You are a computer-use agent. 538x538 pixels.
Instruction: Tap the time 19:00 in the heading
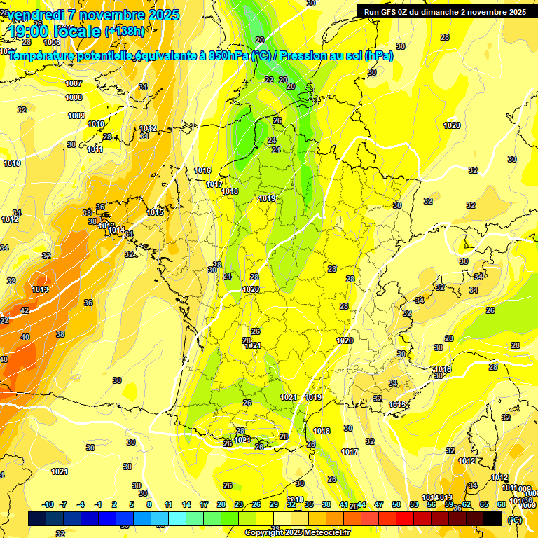pyautogui.click(x=31, y=32)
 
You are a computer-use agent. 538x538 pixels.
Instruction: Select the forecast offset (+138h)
pyautogui.click(x=124, y=32)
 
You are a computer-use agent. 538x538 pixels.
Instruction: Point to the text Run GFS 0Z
pyautogui.click(x=387, y=12)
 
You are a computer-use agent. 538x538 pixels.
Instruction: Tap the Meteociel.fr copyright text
pyautogui.click(x=297, y=533)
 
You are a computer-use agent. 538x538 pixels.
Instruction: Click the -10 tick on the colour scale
pyautogui.click(x=47, y=505)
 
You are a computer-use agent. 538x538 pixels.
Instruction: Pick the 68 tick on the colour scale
pyautogui.click(x=501, y=505)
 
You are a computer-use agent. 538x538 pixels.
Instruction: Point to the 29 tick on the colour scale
pyautogui.click(x=273, y=505)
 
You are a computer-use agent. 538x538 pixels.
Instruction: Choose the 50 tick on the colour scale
pyautogui.click(x=396, y=505)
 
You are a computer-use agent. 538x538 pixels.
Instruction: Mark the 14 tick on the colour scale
pyautogui.click(x=186, y=505)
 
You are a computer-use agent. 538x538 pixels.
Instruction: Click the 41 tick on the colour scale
pyautogui.click(x=343, y=505)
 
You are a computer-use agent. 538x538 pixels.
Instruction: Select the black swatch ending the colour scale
pyautogui.click(x=492, y=519)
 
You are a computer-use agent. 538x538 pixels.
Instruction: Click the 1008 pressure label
pyautogui.click(x=74, y=97)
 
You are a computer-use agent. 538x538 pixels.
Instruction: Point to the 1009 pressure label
pyautogui.click(x=76, y=116)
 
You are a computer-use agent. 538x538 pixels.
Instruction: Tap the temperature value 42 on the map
pyautogui.click(x=25, y=310)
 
